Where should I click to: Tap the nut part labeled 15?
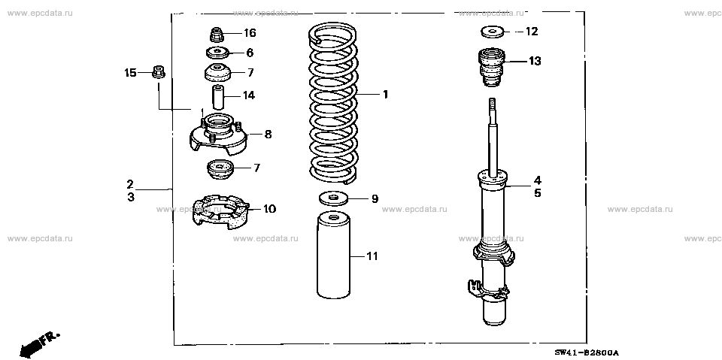158,73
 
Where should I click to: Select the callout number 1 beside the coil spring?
384,94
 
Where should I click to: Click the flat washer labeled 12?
493,32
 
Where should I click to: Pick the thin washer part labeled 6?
217,53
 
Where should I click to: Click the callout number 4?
537,180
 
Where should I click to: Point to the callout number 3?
130,197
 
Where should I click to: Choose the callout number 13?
534,61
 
